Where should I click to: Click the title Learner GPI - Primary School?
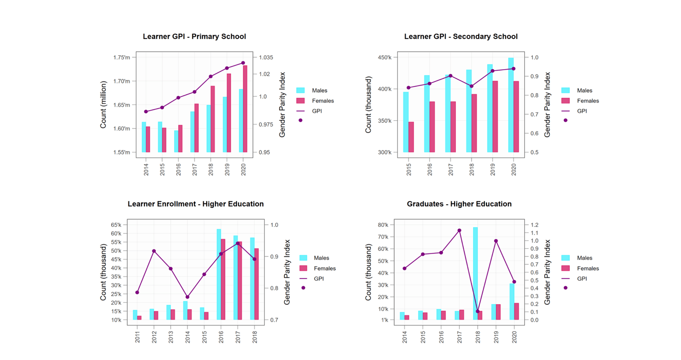(194, 36)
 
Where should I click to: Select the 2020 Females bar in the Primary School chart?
(245, 109)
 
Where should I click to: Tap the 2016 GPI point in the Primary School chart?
(178, 98)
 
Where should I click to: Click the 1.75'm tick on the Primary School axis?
(121, 57)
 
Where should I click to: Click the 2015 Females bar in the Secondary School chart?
(411, 137)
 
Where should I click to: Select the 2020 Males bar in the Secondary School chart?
(510, 105)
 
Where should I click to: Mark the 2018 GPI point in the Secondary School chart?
(472, 86)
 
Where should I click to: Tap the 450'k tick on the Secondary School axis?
(385, 57)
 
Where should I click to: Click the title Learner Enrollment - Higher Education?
(196, 204)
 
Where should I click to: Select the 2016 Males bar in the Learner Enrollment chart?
(219, 274)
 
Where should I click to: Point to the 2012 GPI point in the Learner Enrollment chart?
(154, 251)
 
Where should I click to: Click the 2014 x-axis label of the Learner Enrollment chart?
(187, 336)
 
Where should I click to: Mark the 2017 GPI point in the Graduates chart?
(459, 230)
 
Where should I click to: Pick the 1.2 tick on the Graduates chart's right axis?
(534, 225)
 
